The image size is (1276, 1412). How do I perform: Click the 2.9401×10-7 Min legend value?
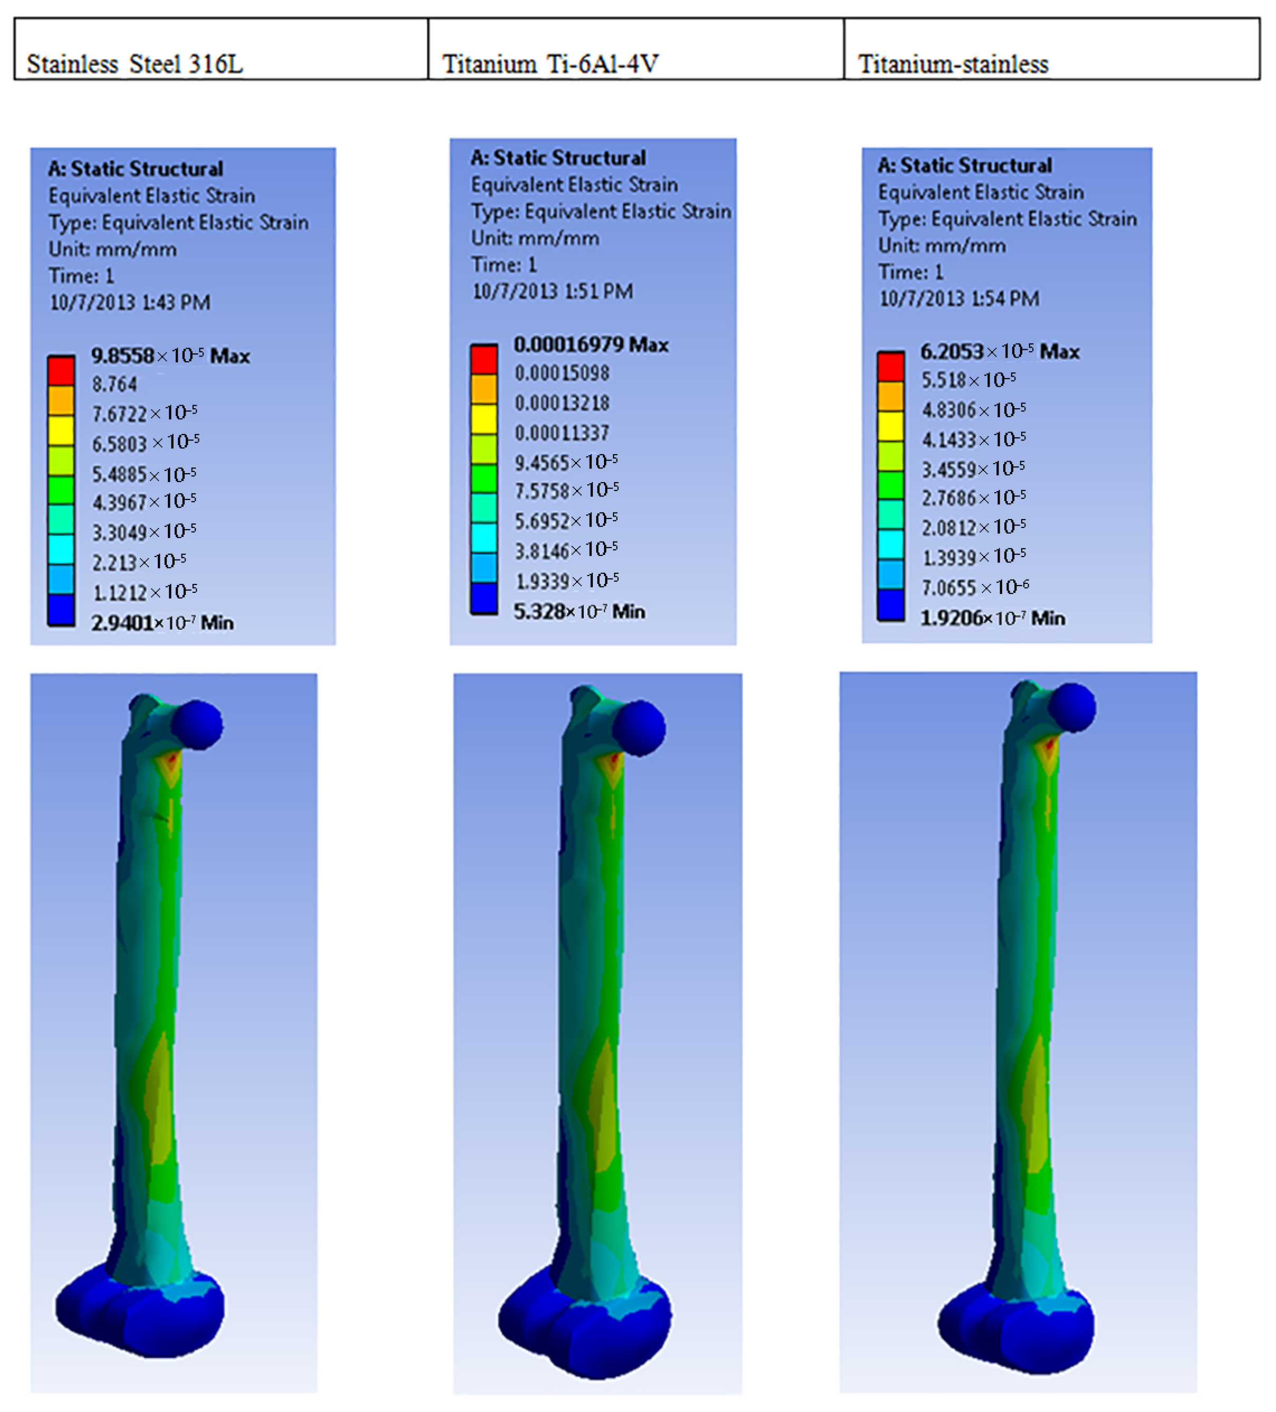click(162, 622)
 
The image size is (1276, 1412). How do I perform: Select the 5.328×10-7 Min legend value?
click(579, 611)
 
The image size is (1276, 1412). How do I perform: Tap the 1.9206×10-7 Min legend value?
click(992, 618)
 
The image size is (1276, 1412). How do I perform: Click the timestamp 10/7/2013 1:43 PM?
click(130, 303)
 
